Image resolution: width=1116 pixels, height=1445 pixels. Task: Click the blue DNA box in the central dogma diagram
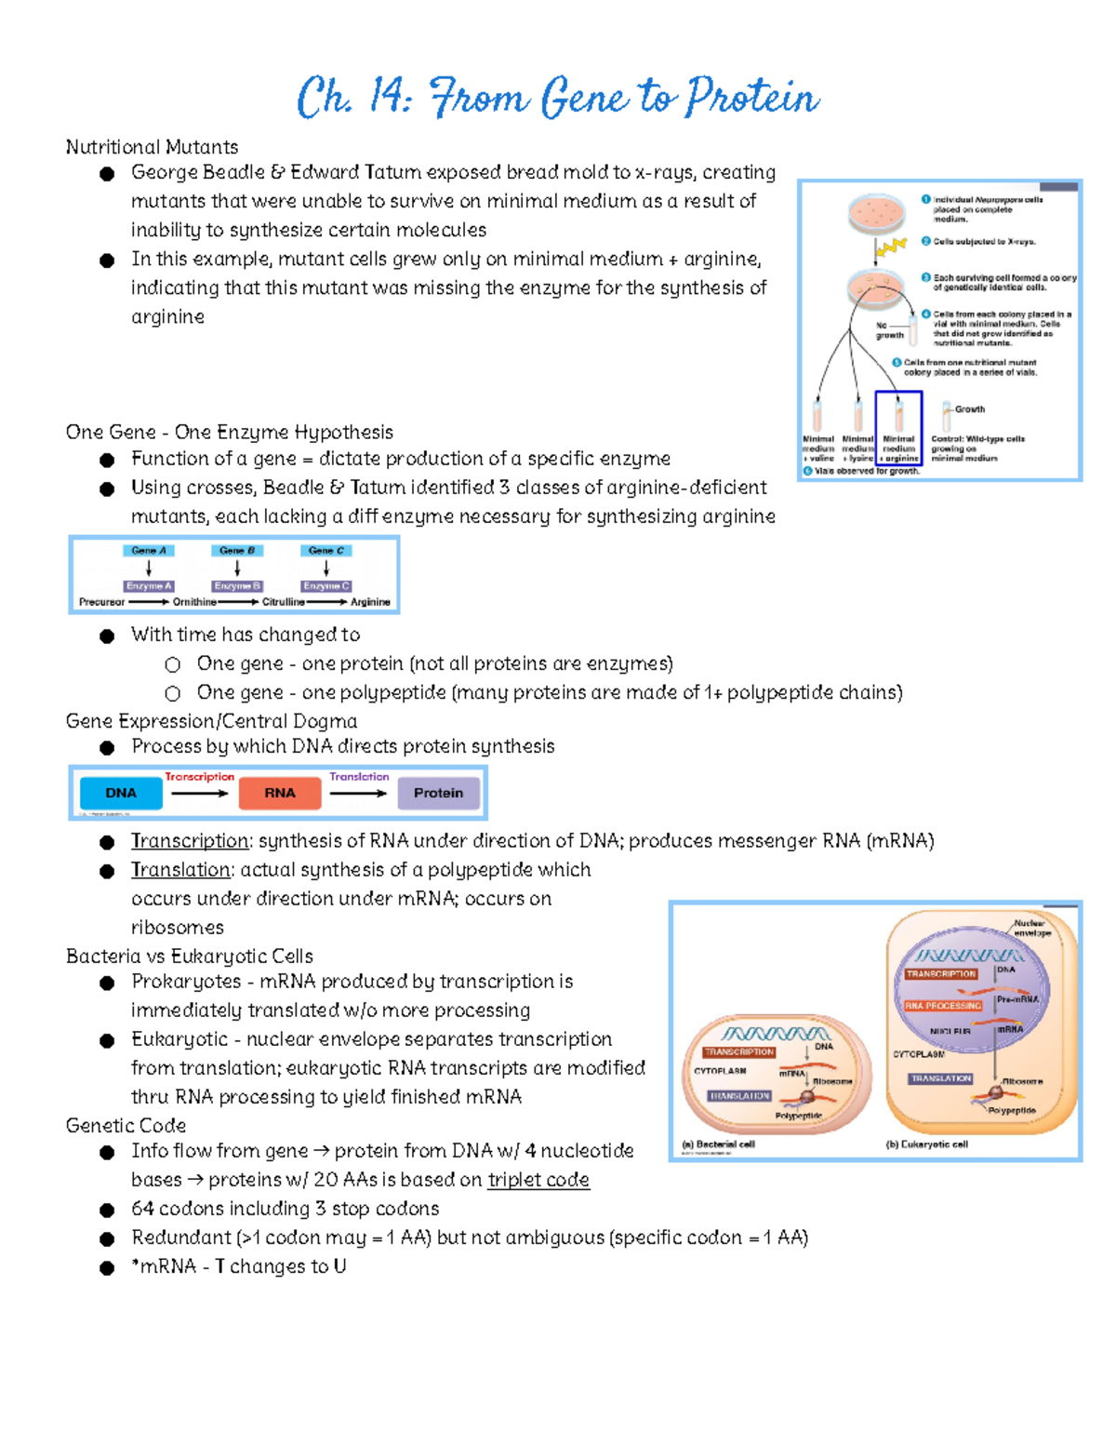(x=121, y=793)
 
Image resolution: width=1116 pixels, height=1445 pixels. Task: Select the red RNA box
(x=279, y=793)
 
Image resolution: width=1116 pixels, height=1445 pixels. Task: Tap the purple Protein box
(x=438, y=793)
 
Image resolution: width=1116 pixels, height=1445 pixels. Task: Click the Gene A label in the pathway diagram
(x=148, y=551)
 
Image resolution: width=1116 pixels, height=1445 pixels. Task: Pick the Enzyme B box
(x=237, y=586)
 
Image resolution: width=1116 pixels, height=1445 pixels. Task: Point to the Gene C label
(x=325, y=551)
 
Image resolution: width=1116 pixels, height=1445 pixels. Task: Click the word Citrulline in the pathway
(x=283, y=602)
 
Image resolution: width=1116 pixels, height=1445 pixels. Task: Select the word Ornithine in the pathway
(x=194, y=602)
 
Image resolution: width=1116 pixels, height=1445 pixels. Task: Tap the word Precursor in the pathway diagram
(x=101, y=602)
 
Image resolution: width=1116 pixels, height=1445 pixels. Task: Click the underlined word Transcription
(x=190, y=841)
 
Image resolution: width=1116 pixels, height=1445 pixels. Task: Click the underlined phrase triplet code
(x=538, y=1180)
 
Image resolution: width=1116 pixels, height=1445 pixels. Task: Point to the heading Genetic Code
(x=126, y=1126)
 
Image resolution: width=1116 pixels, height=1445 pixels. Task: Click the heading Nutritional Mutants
(x=152, y=147)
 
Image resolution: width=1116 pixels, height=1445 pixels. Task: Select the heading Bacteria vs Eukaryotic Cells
(x=189, y=957)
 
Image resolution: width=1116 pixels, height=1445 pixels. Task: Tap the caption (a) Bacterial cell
(x=718, y=1144)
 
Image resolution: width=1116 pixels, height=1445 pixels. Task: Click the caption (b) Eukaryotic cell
(x=926, y=1144)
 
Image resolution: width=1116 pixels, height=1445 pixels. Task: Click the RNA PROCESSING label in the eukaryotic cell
(x=943, y=1006)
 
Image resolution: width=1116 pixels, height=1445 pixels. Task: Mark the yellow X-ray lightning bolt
(x=892, y=247)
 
